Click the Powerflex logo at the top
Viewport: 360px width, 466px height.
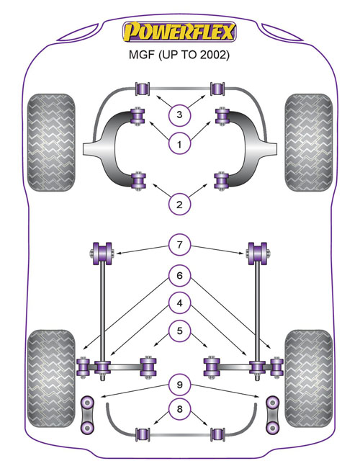click(179, 32)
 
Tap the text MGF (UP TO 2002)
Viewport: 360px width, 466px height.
click(179, 55)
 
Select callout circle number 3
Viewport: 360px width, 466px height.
click(179, 115)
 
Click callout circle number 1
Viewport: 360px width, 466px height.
click(179, 145)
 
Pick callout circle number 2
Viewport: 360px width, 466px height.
click(179, 205)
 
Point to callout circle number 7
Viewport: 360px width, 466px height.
click(179, 245)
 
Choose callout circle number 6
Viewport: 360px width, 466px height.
click(179, 276)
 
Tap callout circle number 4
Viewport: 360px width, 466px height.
click(179, 303)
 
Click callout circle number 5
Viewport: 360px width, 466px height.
click(179, 331)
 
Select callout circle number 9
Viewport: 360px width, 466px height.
click(179, 385)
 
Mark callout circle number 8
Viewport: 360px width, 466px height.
click(179, 409)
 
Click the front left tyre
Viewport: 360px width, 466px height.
click(51, 143)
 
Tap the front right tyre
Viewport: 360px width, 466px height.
click(309, 143)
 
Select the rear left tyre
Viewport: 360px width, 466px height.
click(51, 378)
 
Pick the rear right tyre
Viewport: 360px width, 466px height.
click(309, 378)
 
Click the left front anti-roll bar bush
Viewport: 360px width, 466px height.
click(143, 89)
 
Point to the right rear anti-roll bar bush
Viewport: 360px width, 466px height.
click(217, 434)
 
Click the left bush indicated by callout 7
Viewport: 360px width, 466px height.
click(102, 254)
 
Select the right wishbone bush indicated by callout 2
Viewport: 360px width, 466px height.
click(222, 180)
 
